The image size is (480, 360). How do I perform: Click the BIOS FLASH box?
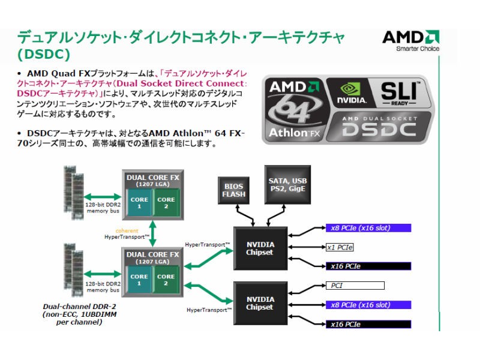233,190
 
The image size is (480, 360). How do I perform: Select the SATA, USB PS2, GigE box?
287,185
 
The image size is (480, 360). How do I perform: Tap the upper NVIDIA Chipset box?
260,248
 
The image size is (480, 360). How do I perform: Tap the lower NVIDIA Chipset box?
260,303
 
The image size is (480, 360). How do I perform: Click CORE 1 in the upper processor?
139,202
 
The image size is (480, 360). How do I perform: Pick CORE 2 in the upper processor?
166,202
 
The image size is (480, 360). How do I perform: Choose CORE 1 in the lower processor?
139,280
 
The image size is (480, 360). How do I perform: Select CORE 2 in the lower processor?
166,280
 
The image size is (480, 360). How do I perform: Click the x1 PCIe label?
340,247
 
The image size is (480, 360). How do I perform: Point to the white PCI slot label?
355,286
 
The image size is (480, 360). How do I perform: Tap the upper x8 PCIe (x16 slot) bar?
368,228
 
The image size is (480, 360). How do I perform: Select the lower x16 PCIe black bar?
368,324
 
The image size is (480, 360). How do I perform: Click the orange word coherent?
127,231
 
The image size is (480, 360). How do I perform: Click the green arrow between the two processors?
152,234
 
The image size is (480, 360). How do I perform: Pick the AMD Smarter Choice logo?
411,40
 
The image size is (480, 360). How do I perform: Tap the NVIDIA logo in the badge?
352,93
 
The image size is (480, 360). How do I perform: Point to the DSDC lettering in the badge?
379,129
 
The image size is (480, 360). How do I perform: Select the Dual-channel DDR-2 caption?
80,314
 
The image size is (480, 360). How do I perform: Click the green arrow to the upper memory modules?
103,197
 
